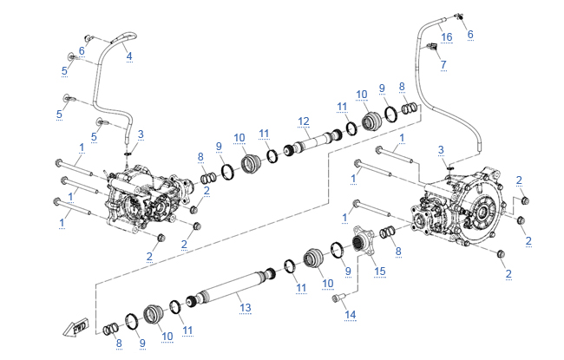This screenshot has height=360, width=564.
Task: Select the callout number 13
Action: click(x=246, y=307)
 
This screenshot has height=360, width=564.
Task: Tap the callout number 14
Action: click(x=351, y=314)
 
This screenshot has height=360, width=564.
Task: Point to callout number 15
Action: click(x=379, y=272)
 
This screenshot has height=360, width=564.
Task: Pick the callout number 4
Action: click(x=129, y=56)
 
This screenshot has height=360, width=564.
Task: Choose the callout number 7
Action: click(x=443, y=64)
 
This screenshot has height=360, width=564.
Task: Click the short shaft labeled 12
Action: click(x=312, y=139)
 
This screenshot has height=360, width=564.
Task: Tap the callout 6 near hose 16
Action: click(x=471, y=34)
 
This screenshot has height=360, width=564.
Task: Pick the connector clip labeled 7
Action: click(x=431, y=49)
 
